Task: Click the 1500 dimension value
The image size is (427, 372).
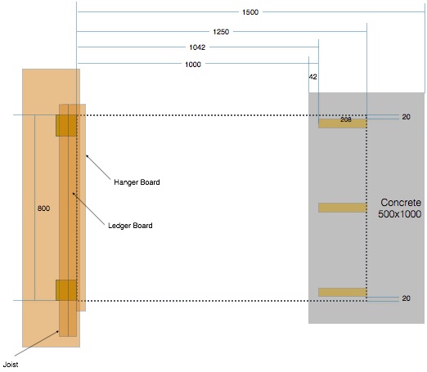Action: [x=250, y=12]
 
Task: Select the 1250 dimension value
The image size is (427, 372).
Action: [x=221, y=32]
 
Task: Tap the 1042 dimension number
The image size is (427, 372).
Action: [x=197, y=47]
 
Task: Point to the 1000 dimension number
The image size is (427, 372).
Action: [x=193, y=65]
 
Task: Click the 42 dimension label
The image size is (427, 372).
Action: [x=313, y=77]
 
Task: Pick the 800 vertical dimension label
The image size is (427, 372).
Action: [x=43, y=208]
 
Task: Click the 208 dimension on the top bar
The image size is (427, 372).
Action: [x=346, y=119]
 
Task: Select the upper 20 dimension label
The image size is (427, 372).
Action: [x=406, y=117]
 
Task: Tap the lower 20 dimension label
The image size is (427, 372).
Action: [x=406, y=298]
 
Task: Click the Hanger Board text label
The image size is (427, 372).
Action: [x=137, y=182]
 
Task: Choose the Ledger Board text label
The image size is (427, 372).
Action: [x=130, y=226]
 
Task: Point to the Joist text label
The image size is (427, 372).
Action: [x=11, y=365]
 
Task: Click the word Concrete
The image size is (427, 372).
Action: [x=401, y=203]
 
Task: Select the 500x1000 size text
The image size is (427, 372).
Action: [x=400, y=214]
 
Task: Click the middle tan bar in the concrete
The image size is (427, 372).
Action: [x=343, y=208]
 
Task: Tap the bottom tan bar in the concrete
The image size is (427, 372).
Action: [x=343, y=292]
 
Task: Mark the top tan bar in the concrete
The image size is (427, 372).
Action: [x=343, y=123]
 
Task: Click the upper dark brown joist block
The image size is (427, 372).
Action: [x=66, y=126]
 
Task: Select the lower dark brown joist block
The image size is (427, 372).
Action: [x=66, y=290]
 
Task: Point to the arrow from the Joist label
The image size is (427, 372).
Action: [x=37, y=343]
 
